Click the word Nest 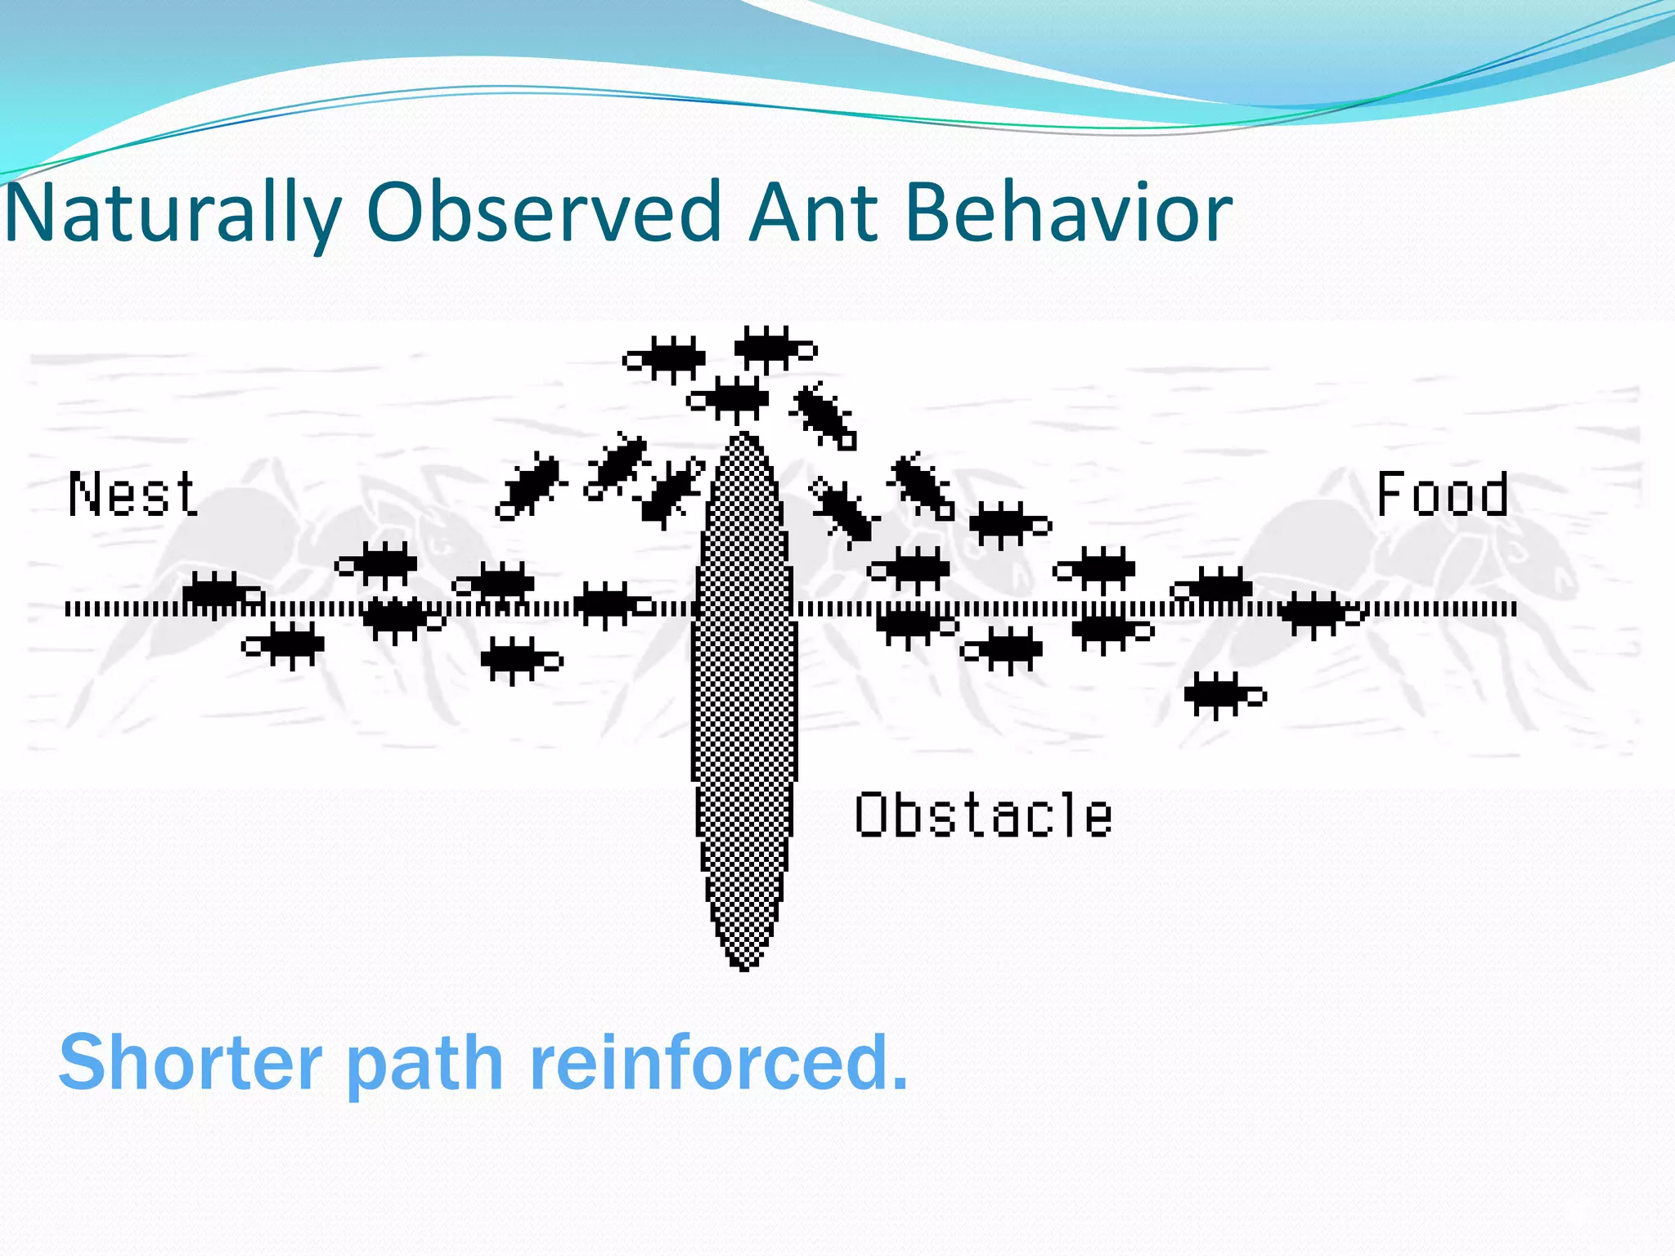132,495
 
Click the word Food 1442,495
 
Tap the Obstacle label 983,815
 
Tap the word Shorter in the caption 191,1062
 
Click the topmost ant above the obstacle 772,348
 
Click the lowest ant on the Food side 1222,695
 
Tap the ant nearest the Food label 1318,613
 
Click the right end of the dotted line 1514,608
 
